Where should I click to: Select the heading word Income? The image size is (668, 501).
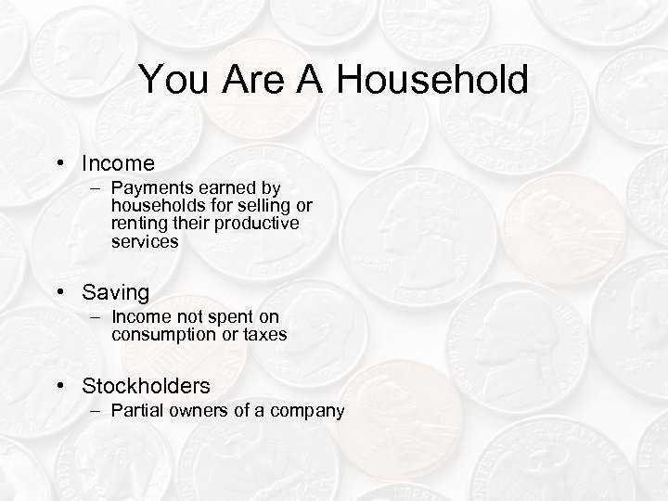coord(118,163)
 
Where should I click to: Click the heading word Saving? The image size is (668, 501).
coord(115,292)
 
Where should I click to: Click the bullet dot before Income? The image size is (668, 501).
coord(60,164)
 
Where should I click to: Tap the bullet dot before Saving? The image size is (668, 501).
coord(60,293)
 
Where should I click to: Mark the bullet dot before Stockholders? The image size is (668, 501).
coord(60,385)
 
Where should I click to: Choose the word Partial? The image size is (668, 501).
coord(138,410)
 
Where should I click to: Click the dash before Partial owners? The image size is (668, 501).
coord(97,410)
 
